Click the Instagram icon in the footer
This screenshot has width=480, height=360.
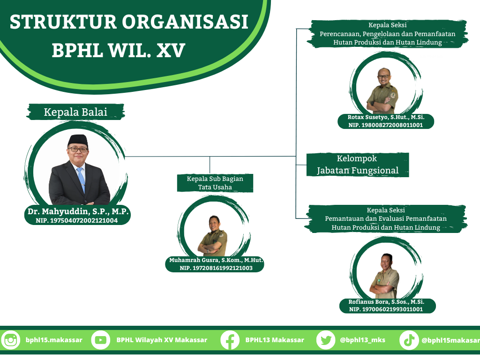point(10,340)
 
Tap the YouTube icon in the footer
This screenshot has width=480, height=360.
point(100,340)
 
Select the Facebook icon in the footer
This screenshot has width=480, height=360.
point(230,340)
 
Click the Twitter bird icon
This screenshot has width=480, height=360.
point(326,340)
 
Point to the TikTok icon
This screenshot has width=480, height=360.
point(409,340)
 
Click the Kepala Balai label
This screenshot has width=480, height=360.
point(75,112)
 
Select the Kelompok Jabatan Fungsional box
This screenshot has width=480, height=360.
point(358,165)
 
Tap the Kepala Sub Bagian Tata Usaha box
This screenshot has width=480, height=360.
point(215,183)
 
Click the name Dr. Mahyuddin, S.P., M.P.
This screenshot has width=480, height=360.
point(78,211)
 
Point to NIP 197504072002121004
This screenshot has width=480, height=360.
point(76,220)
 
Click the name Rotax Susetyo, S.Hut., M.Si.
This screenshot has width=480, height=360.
point(386,117)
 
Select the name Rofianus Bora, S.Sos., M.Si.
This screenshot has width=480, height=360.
point(386,302)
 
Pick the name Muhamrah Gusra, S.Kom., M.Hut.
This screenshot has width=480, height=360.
point(216,260)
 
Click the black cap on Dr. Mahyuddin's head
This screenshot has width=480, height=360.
point(78,141)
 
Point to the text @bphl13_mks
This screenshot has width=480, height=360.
point(362,340)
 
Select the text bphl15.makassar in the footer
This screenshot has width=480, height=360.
point(54,340)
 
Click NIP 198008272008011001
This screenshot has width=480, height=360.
point(385,125)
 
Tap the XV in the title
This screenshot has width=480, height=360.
point(171,51)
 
